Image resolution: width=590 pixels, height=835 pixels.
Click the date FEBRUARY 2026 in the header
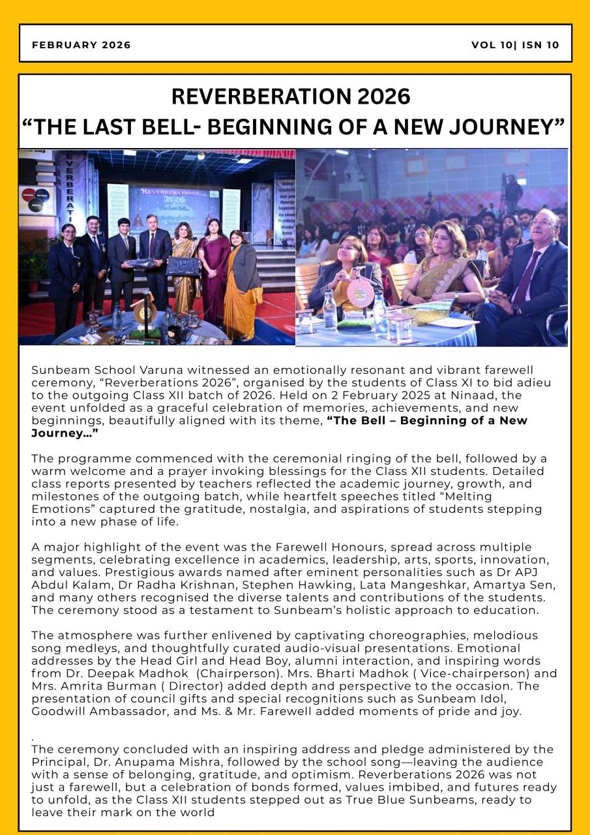[x=81, y=45]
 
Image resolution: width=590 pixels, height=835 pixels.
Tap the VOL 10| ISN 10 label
[x=515, y=45]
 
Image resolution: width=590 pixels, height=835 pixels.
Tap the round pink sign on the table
[x=360, y=292]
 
